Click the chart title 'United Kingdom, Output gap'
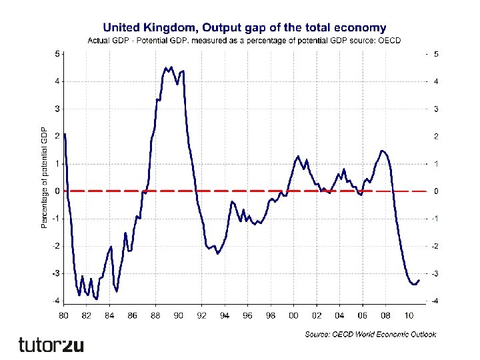coord(243,27)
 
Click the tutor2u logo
coord(51,345)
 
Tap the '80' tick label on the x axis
coord(64,315)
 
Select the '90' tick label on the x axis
coord(178,315)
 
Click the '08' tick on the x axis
coord(385,315)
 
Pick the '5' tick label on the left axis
coord(57,53)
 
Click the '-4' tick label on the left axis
coord(56,301)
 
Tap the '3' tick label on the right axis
coord(436,109)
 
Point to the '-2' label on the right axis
coord(436,247)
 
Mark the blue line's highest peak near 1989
coord(171,67)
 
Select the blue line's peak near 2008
coord(381,151)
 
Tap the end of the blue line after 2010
coord(419,280)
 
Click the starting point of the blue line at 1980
coord(65,135)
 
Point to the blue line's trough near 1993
coord(217,253)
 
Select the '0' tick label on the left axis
coord(57,191)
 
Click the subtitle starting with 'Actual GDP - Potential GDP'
coord(243,41)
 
